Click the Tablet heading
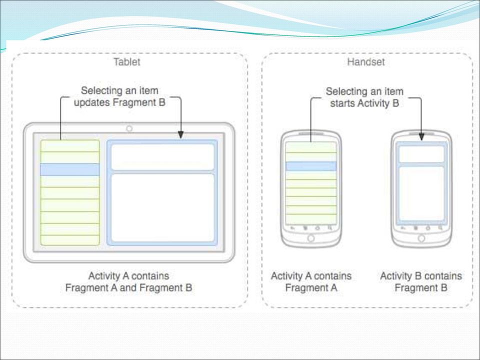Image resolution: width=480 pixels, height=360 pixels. [126, 62]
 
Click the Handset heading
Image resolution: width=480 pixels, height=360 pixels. [366, 62]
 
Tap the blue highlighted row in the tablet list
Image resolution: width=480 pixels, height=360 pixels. [70, 169]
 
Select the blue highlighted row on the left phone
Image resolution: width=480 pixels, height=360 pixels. [311, 166]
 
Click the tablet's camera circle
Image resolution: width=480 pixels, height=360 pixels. [129, 128]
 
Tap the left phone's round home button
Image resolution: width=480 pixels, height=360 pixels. [311, 238]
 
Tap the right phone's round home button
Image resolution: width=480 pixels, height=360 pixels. [421, 238]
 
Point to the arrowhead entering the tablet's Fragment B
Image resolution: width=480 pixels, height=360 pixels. [181, 134]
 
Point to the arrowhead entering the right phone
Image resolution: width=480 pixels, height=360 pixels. [421, 136]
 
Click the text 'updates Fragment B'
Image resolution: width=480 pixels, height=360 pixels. [119, 102]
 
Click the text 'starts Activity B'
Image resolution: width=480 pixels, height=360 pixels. [364, 103]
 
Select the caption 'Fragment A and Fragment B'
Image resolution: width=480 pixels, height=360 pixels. [128, 288]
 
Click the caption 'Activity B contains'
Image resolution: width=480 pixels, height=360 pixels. [421, 276]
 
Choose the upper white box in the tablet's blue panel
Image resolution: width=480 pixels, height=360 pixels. [162, 157]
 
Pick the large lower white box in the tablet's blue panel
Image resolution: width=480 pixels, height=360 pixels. [162, 208]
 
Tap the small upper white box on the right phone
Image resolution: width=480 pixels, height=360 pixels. [421, 154]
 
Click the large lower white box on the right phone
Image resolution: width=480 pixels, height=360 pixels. [421, 193]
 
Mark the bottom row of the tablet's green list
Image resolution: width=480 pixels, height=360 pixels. [70, 240]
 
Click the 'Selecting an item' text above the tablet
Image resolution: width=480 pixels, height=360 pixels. [119, 90]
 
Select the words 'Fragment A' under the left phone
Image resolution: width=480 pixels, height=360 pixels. [311, 288]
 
